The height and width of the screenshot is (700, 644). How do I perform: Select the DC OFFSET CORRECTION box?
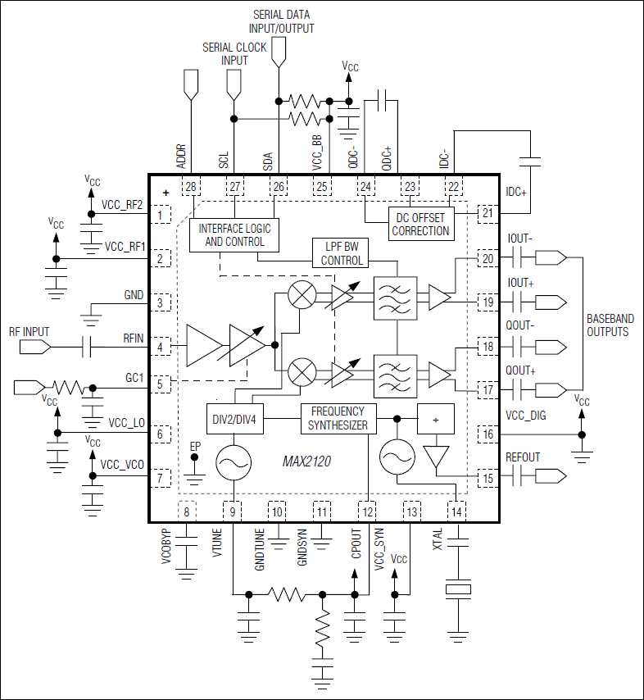420,224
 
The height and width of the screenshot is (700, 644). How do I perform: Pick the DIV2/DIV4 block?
234,418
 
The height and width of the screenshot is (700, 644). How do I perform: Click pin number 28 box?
191,188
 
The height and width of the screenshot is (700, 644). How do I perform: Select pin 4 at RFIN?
161,347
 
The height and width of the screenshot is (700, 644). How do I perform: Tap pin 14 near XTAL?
456,512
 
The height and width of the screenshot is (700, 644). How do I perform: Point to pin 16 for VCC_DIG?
488,434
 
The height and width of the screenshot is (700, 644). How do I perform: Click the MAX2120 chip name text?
308,464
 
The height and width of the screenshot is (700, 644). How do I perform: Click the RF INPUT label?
29,332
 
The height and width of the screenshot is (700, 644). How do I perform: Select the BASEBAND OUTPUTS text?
608,325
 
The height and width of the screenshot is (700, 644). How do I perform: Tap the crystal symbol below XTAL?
456,590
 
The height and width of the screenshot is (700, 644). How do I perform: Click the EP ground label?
195,446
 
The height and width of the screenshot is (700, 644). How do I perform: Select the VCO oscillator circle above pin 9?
234,464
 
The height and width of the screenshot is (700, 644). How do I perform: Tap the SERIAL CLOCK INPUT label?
234,54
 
